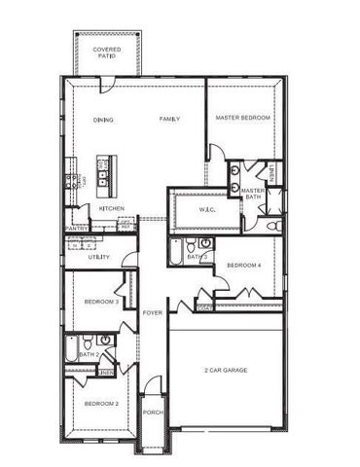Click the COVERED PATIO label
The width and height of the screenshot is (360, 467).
(106, 53)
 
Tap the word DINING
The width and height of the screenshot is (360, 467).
(103, 120)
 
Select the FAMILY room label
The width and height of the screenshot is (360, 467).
(170, 119)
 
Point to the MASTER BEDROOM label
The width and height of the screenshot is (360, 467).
(242, 119)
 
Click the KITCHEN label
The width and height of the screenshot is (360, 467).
(111, 208)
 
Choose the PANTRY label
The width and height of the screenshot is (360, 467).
(77, 230)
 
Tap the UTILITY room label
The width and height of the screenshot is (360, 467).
(98, 257)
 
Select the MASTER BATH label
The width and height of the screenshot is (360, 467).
(253, 195)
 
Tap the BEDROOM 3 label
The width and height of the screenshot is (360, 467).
(101, 302)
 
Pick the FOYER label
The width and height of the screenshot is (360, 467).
(153, 313)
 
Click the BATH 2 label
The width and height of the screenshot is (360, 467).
(90, 355)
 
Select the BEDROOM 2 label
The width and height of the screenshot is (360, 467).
(100, 403)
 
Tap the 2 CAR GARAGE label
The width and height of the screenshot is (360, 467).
(226, 372)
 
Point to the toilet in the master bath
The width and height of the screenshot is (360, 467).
(273, 226)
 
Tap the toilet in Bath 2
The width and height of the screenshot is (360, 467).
(87, 341)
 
